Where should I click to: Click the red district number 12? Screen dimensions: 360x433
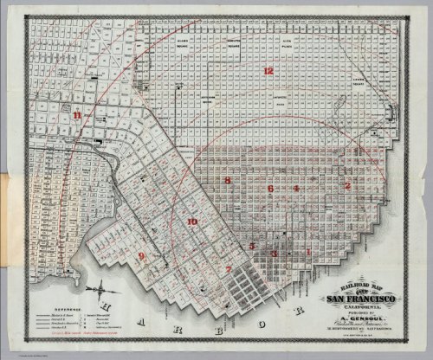point(269,70)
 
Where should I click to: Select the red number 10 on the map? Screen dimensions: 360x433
point(192,222)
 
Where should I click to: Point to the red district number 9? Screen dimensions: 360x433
point(142,256)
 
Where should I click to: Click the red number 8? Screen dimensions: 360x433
point(228,181)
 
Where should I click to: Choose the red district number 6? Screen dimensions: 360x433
point(271,188)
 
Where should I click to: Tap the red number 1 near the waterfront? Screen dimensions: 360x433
point(309,252)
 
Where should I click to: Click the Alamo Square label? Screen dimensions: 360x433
point(181,41)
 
